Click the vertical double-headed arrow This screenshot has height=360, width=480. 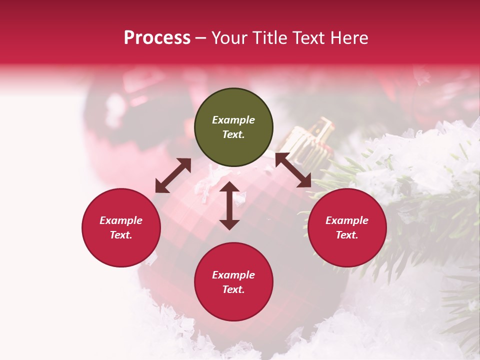coord(229,205)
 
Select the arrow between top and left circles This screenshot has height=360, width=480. coord(173,175)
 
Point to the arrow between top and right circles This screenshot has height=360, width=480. coord(293,170)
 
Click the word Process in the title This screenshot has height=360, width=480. coord(157,38)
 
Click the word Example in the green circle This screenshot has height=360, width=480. coord(233,120)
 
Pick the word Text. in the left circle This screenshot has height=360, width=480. coord(121,235)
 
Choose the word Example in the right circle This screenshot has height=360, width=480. coord(347,220)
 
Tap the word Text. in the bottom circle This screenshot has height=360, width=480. coord(233,289)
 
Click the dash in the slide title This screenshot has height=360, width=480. coord(201,38)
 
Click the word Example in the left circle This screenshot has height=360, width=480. coord(121,220)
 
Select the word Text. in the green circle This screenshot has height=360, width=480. coord(233,134)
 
